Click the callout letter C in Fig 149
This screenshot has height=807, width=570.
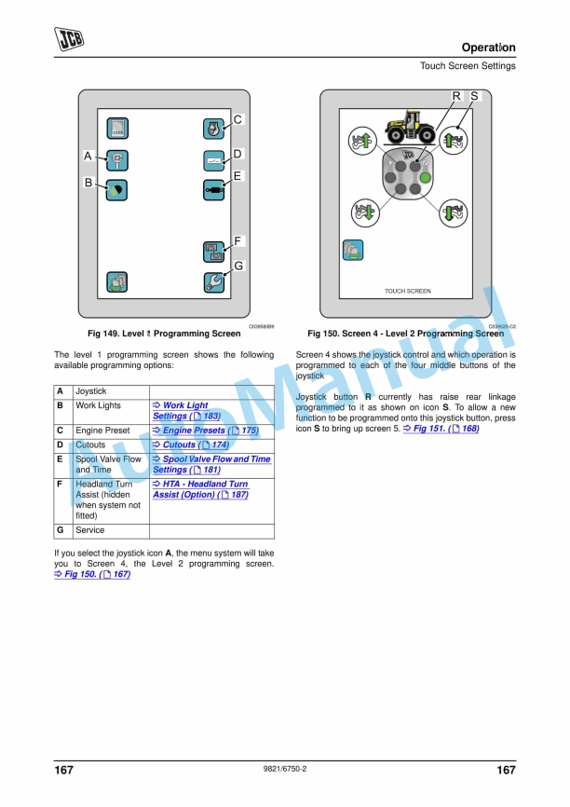237,120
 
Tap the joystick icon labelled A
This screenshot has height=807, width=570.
117,159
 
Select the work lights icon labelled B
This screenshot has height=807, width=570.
117,189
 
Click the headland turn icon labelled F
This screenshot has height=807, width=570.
213,251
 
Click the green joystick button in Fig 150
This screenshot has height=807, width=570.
426,177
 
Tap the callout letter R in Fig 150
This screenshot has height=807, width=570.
456,96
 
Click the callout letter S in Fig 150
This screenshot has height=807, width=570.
474,96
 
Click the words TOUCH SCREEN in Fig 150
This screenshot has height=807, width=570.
408,292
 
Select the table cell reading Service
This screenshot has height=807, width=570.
90,530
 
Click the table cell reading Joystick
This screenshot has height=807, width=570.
91,391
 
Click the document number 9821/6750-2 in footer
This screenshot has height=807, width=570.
285,769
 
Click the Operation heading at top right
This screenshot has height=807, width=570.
488,48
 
